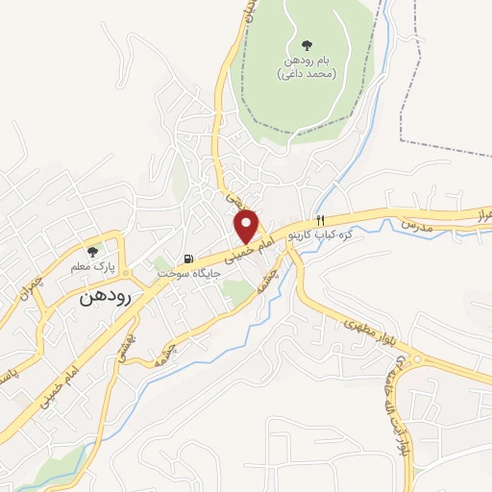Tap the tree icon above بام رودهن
(307, 44)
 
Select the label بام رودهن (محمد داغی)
(307, 66)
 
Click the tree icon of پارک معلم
(92, 251)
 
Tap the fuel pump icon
(188, 258)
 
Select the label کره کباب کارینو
(338, 234)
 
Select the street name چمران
(37, 285)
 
